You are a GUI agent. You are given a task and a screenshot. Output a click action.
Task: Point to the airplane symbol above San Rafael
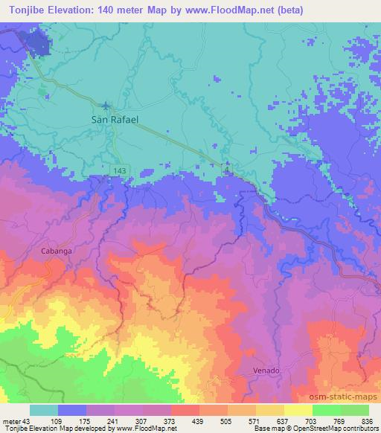(106, 105)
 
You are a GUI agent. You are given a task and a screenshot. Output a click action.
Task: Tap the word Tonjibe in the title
(22, 7)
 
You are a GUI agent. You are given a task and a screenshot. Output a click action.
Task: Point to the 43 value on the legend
(28, 421)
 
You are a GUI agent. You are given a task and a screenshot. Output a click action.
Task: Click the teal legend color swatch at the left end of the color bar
(44, 411)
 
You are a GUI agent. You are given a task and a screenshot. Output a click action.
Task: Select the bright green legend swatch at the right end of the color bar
(355, 411)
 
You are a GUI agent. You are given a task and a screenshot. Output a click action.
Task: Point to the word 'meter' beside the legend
(10, 421)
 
